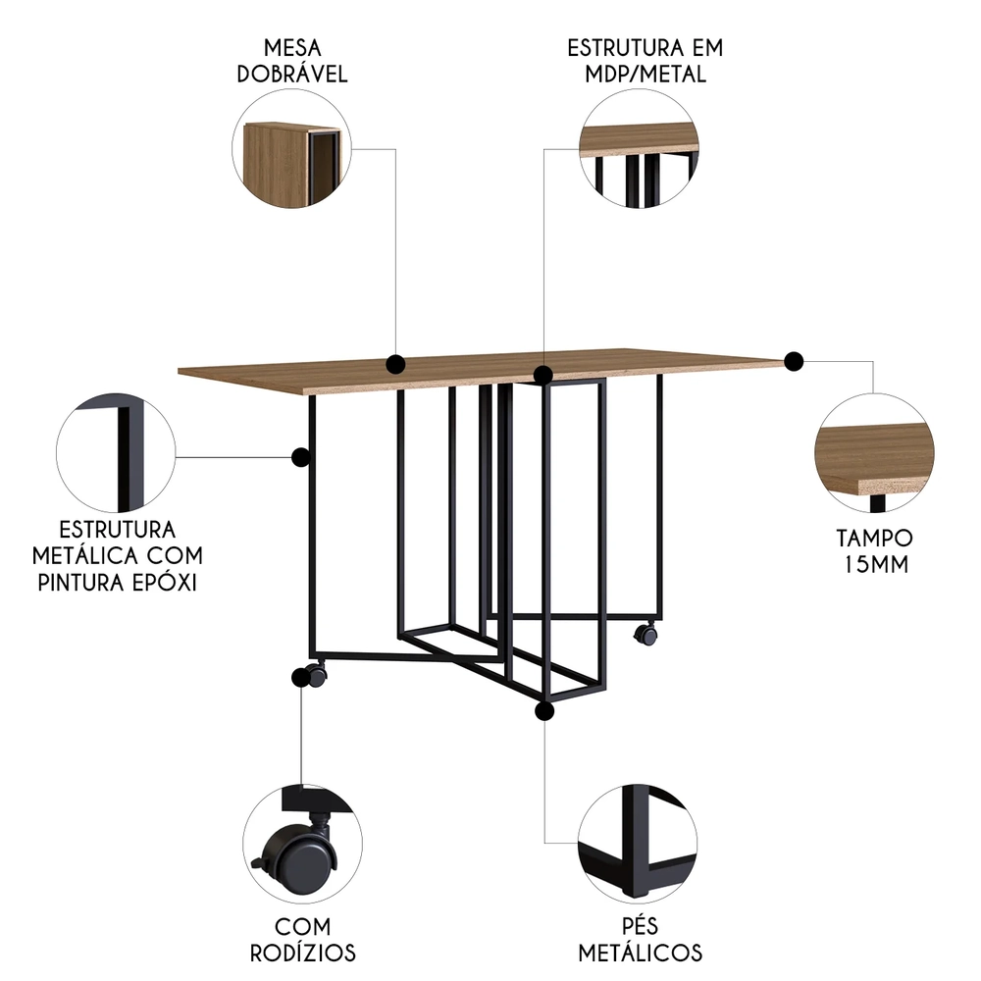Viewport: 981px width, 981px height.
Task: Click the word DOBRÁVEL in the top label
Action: [x=291, y=75]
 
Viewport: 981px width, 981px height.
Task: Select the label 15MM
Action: [x=874, y=564]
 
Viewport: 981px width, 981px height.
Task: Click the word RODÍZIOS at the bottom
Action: [x=301, y=953]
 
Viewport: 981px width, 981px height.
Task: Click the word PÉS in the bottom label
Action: [x=639, y=926]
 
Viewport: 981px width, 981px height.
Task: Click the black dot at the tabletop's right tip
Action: [x=794, y=361]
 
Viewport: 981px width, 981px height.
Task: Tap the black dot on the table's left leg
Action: [x=301, y=456]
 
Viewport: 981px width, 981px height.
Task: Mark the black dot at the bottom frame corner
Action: [x=545, y=710]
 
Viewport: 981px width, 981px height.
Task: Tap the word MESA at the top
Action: [x=291, y=48]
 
